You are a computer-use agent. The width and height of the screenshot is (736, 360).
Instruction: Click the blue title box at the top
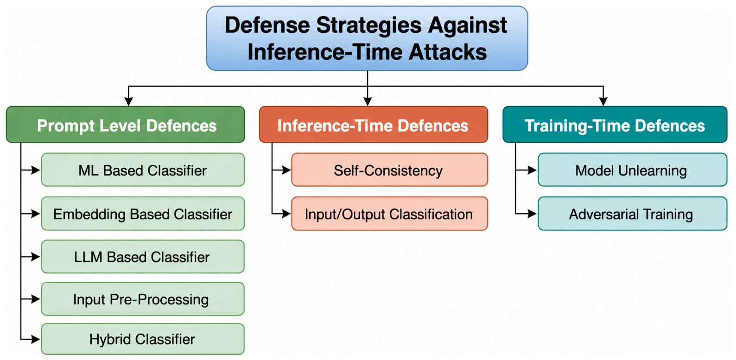[x=367, y=38]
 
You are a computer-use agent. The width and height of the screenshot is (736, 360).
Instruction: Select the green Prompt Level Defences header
[x=126, y=125]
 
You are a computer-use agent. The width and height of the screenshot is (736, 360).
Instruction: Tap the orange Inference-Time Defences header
[x=374, y=125]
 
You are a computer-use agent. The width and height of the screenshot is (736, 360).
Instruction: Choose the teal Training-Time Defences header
[x=615, y=125]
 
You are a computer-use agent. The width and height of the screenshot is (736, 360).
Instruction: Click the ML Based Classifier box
[x=143, y=170]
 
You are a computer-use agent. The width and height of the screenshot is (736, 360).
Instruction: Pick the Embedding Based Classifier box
[x=143, y=214]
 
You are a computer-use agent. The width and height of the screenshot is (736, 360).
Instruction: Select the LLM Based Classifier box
[x=143, y=257]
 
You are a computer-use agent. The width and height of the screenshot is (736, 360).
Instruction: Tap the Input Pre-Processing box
[x=143, y=299]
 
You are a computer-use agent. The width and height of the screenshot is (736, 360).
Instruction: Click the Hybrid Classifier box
[x=143, y=339]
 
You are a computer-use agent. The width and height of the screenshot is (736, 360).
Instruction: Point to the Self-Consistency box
[x=390, y=170]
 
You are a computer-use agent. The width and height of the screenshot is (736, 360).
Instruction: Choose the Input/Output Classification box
[x=390, y=214]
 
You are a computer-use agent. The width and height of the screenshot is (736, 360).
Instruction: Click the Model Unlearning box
[x=633, y=170]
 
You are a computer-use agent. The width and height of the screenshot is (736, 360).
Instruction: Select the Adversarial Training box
[x=633, y=214]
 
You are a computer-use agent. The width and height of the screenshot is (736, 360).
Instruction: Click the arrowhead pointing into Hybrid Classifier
[x=36, y=339]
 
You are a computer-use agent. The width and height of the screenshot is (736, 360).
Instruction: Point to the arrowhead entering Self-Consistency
[x=286, y=170]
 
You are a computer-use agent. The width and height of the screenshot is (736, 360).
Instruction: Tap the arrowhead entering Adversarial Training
[x=532, y=214]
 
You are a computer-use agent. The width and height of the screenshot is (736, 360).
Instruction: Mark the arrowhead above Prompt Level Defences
[x=128, y=101]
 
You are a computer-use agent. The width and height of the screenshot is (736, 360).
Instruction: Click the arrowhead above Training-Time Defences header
[x=603, y=101]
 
